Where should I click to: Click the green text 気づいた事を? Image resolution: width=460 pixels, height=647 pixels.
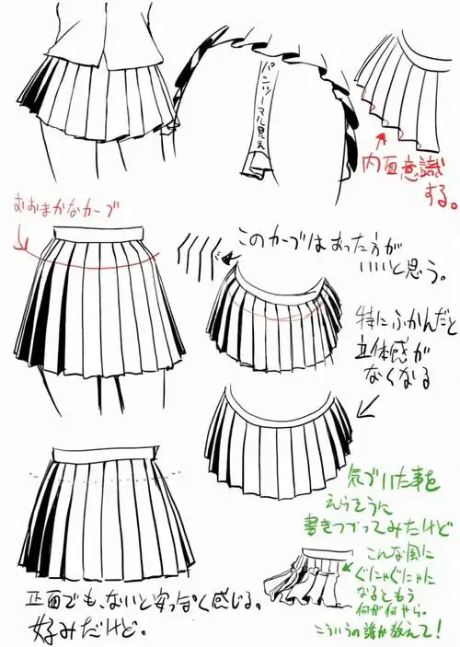[x=400, y=479]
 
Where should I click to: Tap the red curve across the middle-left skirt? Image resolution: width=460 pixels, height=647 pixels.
[x=92, y=262]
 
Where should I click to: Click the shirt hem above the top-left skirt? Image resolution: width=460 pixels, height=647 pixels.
[x=83, y=46]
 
